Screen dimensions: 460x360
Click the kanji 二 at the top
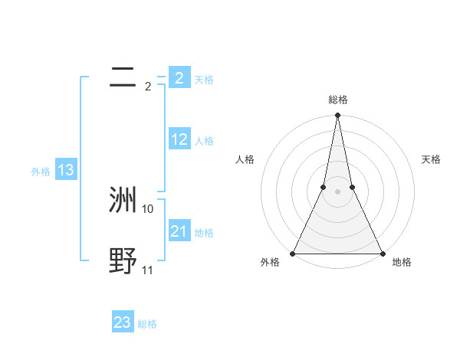click(x=123, y=77)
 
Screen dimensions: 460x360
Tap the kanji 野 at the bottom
click(x=123, y=261)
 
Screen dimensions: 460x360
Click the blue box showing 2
click(x=179, y=78)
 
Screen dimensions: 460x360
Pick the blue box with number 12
click(x=179, y=139)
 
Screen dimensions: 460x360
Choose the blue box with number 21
click(x=179, y=231)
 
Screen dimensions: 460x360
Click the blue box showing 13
click(x=66, y=171)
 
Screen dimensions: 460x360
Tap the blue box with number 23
click(x=123, y=322)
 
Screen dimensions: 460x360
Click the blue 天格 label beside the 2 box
click(x=204, y=80)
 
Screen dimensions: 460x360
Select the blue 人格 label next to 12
click(x=204, y=141)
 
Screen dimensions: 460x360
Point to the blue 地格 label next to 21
click(x=204, y=233)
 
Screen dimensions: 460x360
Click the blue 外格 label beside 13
click(x=41, y=172)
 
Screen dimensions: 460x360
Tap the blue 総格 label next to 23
click(x=147, y=324)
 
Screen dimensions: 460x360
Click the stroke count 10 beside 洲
click(x=148, y=208)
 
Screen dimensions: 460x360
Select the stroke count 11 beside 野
click(x=148, y=270)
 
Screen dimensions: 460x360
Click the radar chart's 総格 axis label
click(x=337, y=100)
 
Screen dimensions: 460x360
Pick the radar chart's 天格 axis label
click(x=432, y=159)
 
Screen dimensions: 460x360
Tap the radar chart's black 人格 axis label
click(x=245, y=159)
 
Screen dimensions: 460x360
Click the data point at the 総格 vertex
click(x=337, y=116)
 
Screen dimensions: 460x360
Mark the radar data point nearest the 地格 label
click(x=382, y=254)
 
